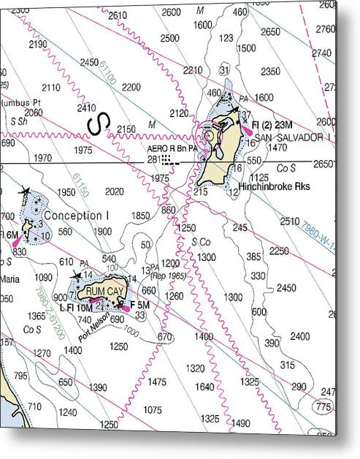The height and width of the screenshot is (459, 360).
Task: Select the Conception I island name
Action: point(76,216)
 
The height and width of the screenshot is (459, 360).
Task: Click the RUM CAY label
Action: point(101,291)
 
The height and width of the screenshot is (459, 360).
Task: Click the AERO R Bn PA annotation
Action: point(172,148)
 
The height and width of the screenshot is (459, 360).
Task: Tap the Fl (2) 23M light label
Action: point(272,126)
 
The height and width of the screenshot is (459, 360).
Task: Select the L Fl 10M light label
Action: point(74,308)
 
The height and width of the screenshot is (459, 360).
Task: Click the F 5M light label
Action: point(139,305)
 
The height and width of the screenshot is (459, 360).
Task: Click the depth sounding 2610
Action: point(117,15)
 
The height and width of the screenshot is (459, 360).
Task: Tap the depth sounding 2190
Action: point(38,44)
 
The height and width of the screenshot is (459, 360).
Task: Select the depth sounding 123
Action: point(226,38)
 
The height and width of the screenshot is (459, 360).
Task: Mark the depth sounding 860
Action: point(169,210)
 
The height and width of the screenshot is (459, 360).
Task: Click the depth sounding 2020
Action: point(114,191)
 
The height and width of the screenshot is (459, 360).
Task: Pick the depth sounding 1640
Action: point(205,387)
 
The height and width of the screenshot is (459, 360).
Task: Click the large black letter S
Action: point(96,124)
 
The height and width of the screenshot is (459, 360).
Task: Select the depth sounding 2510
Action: point(290,221)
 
